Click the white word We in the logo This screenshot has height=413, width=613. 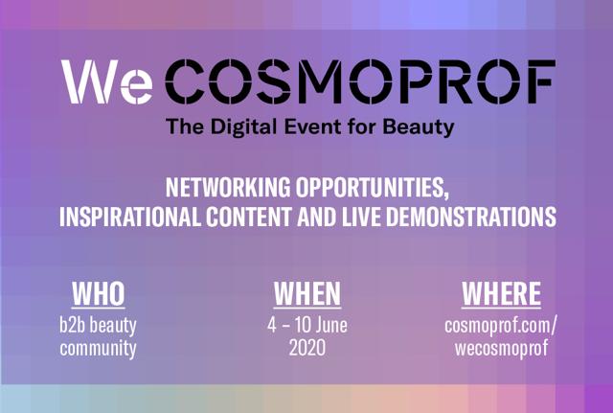(106, 81)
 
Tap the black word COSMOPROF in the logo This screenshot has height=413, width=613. (360, 81)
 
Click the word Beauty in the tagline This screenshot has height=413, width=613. (419, 127)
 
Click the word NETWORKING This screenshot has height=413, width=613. (228, 188)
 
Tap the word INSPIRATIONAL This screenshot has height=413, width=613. (130, 217)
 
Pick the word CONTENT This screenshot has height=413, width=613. (249, 217)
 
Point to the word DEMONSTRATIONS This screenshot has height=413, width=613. (471, 217)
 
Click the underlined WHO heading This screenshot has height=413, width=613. (98, 294)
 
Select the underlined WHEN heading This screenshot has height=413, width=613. (307, 294)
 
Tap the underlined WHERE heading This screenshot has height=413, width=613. (501, 294)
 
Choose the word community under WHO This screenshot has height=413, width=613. (98, 349)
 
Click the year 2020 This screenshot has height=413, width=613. (307, 348)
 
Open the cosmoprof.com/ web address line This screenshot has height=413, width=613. (500, 326)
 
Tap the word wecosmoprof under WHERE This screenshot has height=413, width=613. (501, 349)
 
